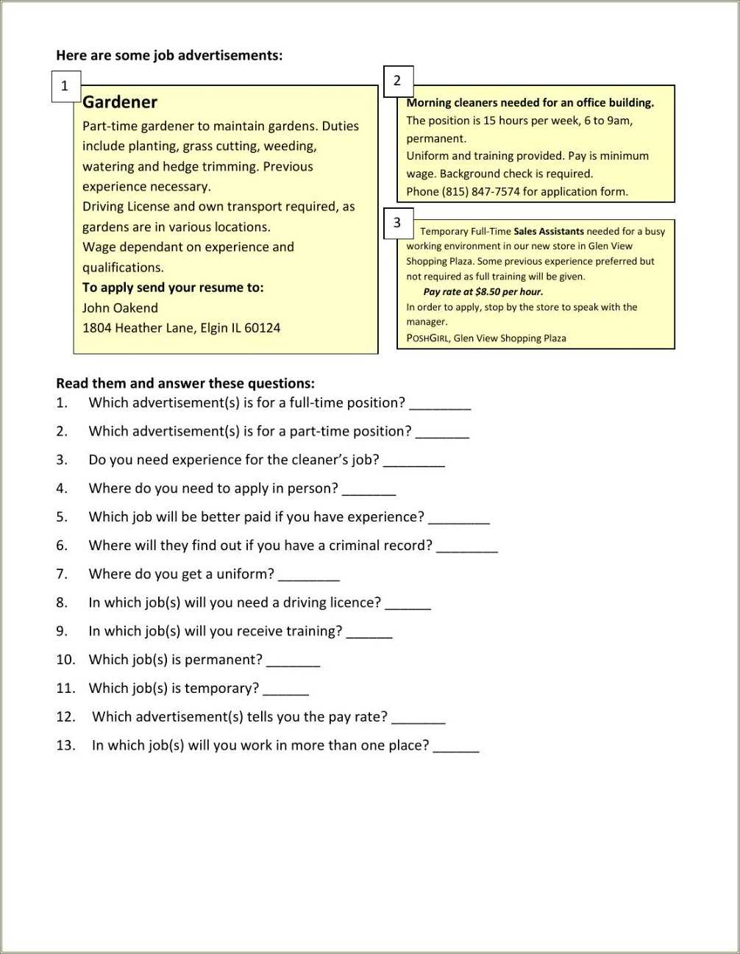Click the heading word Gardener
tap(120, 102)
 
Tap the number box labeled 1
tap(65, 86)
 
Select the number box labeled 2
tap(398, 81)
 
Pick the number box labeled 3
tap(398, 223)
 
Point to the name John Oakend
tap(120, 308)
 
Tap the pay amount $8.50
tap(487, 292)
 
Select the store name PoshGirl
tap(427, 338)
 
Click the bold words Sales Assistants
tap(548, 231)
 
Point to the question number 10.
tap(65, 660)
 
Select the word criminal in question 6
tap(355, 545)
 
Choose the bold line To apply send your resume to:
tap(173, 288)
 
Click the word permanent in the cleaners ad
tap(436, 138)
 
